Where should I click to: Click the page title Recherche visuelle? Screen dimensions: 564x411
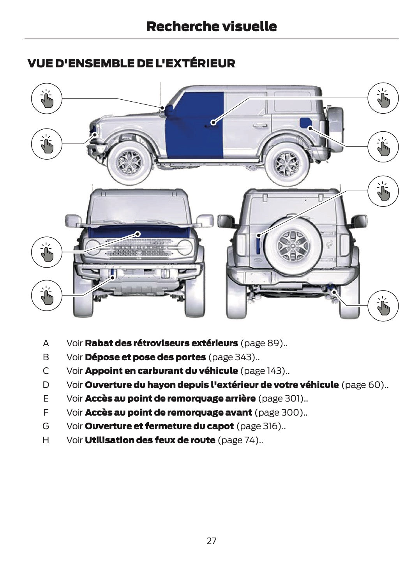click(211, 26)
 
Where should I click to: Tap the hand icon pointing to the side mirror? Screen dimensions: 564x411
click(47, 98)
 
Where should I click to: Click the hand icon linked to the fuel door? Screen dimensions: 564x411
click(383, 147)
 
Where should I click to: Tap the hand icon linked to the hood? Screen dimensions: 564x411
click(47, 252)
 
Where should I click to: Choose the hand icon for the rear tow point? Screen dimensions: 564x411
click(383, 305)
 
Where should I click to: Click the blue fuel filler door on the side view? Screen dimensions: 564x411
click(305, 122)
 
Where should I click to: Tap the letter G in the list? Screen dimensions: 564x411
click(46, 426)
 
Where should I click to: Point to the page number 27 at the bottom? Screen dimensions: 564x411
click(211, 541)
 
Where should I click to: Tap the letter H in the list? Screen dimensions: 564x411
click(46, 440)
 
